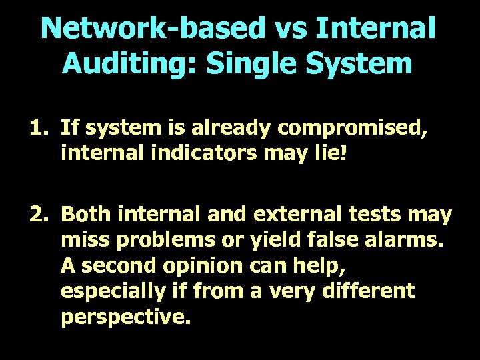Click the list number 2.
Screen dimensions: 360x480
point(37,215)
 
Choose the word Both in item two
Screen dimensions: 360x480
point(85,215)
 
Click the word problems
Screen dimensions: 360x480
point(168,240)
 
